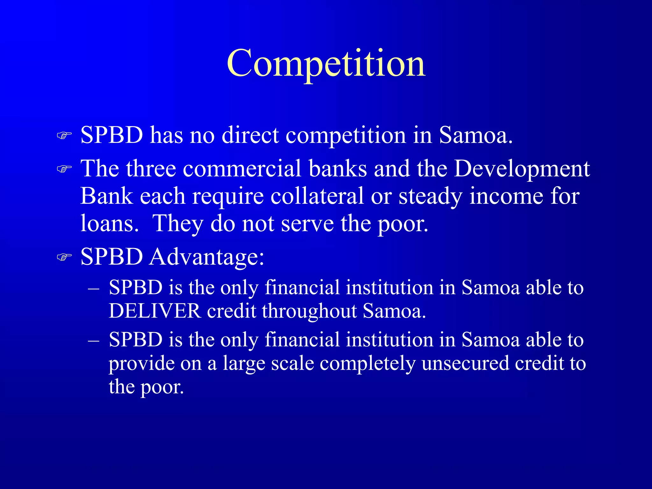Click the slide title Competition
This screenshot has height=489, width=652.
click(x=326, y=64)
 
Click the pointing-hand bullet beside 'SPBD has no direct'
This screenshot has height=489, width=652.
click(x=64, y=136)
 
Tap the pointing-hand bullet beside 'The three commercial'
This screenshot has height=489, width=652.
click(x=64, y=169)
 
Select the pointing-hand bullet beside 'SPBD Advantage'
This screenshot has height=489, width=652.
click(x=64, y=257)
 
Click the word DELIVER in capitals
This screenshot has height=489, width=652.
click(x=155, y=311)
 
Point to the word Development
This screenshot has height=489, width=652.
click(x=522, y=169)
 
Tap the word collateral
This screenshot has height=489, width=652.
click(x=317, y=196)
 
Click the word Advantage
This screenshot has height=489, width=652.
click(x=207, y=257)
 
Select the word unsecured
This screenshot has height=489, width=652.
click(x=465, y=363)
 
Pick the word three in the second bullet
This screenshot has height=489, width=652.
click(x=151, y=169)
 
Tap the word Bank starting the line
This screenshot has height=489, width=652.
click(x=106, y=196)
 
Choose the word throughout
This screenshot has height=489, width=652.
click(x=309, y=311)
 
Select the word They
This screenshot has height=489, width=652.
click(x=178, y=224)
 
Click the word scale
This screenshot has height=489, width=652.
click(x=293, y=363)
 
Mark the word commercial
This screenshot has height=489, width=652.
click(x=242, y=169)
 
